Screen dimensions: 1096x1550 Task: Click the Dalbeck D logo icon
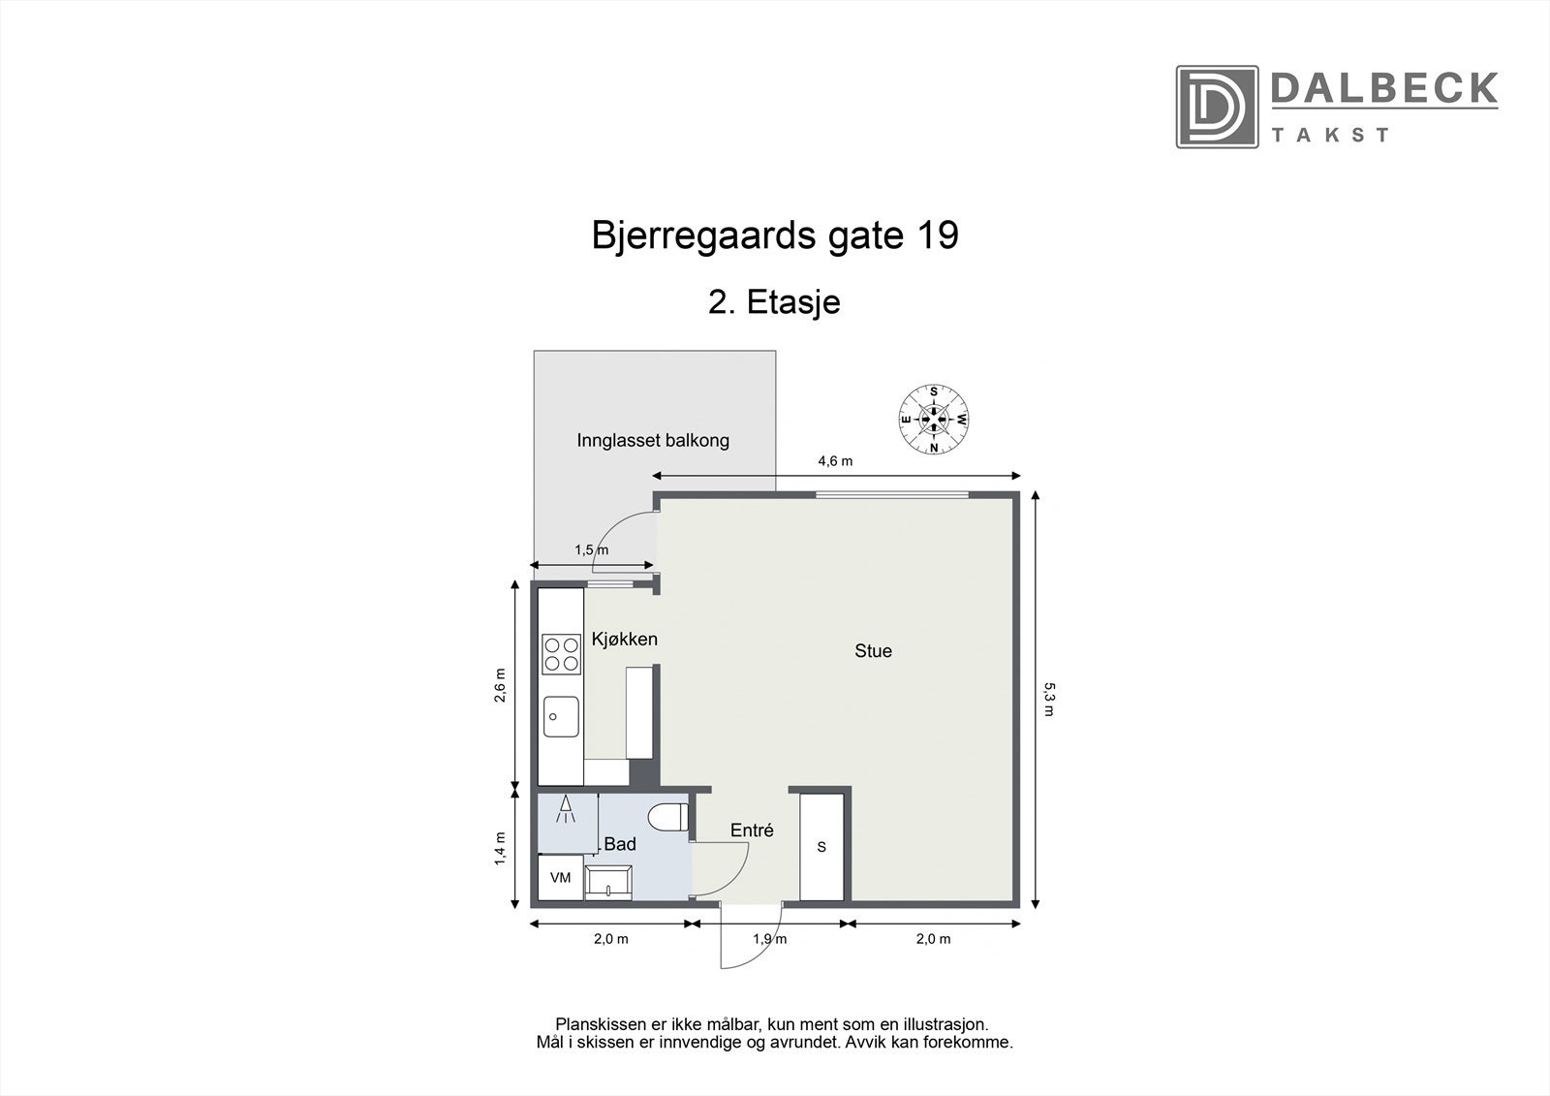(1217, 107)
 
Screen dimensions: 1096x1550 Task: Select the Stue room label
(873, 651)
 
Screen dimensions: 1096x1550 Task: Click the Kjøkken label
(625, 640)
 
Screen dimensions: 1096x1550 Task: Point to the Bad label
(620, 844)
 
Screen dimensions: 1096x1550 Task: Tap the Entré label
(752, 830)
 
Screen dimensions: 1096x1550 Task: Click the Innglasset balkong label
(653, 441)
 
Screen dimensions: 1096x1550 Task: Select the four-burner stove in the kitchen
(561, 653)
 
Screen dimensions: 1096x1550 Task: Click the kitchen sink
(561, 718)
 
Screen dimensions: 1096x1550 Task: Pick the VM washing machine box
(560, 878)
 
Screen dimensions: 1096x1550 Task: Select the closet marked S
(822, 847)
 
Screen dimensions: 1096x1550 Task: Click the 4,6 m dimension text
(835, 461)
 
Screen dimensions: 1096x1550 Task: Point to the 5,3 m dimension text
(1048, 699)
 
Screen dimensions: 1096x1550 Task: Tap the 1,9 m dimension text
(769, 939)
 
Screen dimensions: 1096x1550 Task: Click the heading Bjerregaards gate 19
(775, 235)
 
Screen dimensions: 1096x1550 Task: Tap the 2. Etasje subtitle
(775, 302)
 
